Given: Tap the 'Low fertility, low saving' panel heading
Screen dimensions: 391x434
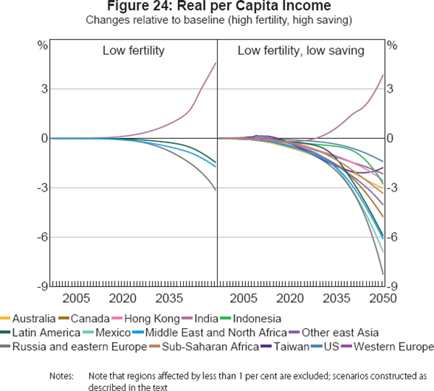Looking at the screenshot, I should point(300,51).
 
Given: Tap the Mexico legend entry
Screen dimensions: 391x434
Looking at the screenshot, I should point(111,332).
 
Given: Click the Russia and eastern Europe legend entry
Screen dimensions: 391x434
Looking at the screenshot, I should point(65,347).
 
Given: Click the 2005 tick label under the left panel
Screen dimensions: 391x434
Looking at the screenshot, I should point(76,298).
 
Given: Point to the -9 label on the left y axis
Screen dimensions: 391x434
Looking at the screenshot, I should point(43,286).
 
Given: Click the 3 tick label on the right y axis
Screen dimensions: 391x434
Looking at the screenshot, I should point(391,89).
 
